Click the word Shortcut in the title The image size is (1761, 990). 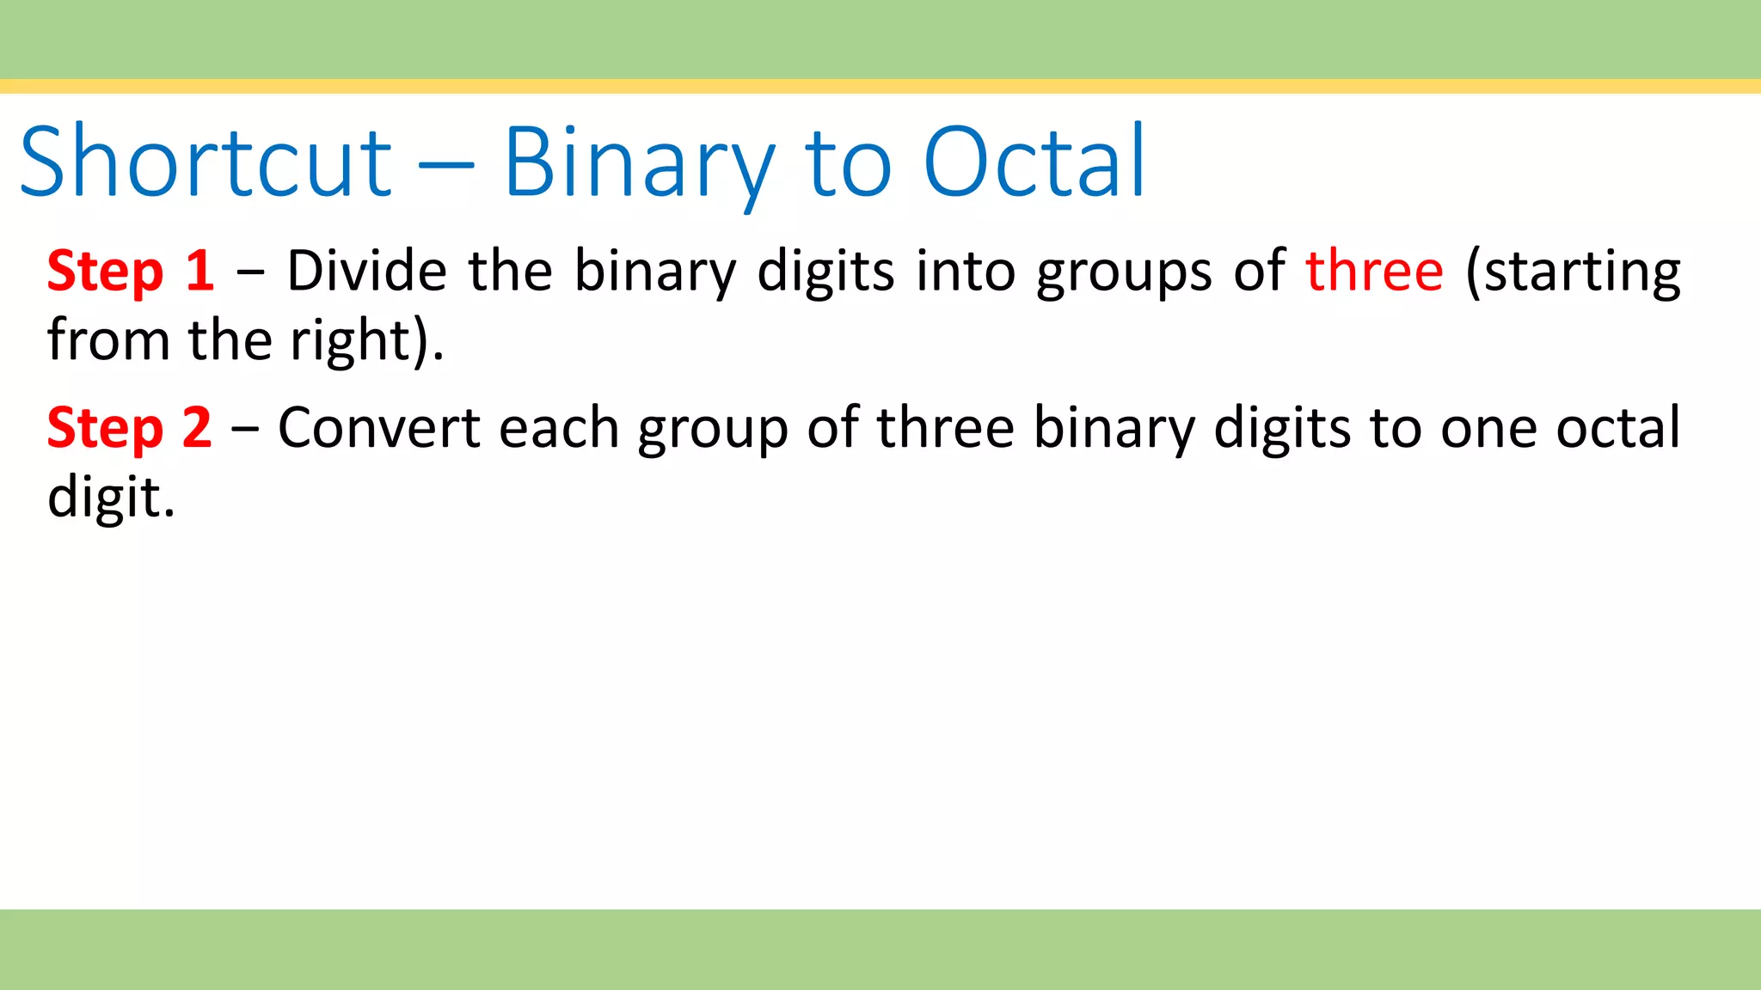[x=206, y=162]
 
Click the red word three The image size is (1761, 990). [x=1374, y=272]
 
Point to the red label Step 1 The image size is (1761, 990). [x=131, y=272]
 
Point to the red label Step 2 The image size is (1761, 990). [x=129, y=428]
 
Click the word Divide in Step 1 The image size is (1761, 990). [x=367, y=272]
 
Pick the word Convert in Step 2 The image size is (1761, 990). [x=378, y=428]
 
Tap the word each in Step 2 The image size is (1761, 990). [x=559, y=428]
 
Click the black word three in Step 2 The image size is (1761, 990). [x=945, y=428]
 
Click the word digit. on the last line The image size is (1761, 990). [x=111, y=498]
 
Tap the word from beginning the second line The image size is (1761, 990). [x=108, y=340]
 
